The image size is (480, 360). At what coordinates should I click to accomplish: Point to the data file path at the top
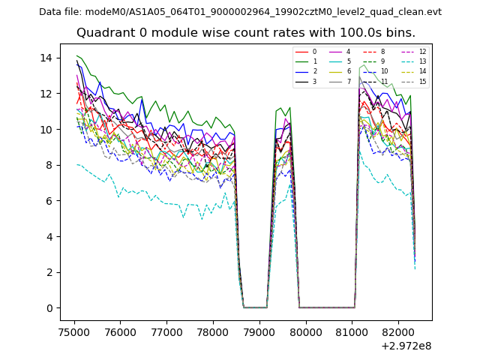pos(240,12)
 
